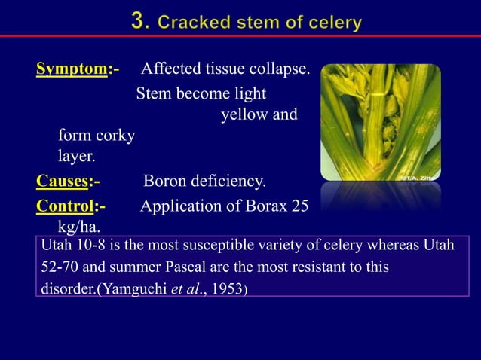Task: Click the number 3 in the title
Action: point(139,22)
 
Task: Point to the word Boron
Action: point(166,182)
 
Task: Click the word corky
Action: point(115,136)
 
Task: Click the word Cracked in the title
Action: point(191,23)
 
